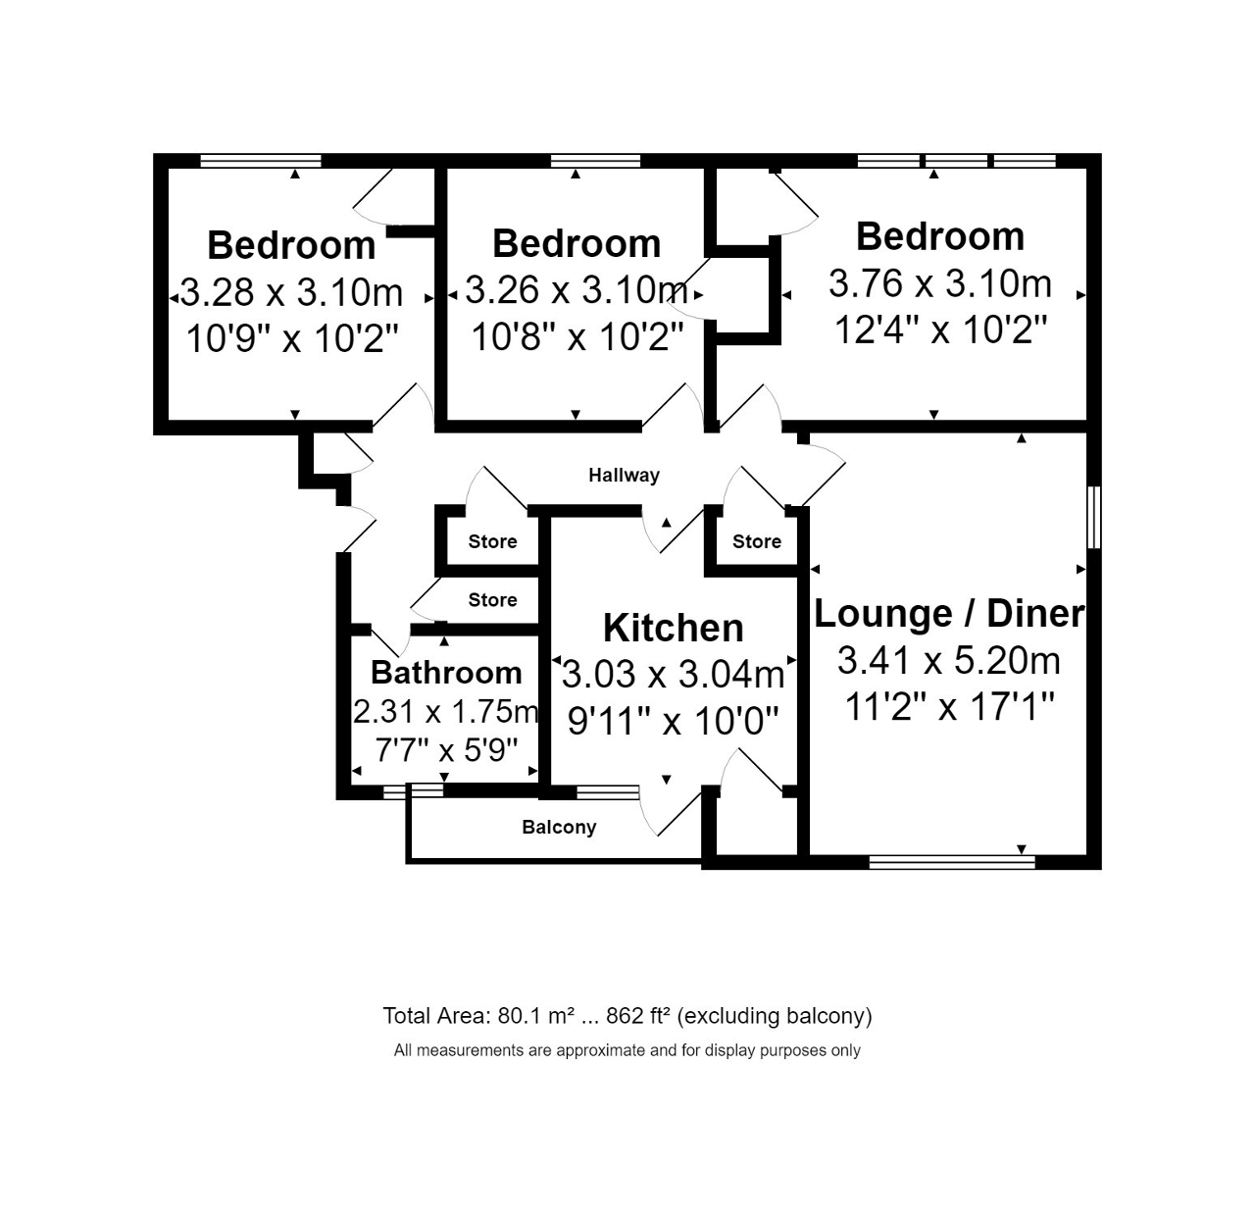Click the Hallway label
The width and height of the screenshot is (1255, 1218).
click(624, 476)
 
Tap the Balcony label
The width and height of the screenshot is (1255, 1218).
click(559, 827)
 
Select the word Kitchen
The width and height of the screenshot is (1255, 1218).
click(674, 628)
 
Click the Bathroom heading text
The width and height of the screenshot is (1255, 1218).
click(446, 673)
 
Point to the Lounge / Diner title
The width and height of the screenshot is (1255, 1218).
click(949, 613)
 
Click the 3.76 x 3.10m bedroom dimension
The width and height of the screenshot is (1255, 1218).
click(939, 283)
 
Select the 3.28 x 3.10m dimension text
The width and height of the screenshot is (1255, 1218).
click(291, 291)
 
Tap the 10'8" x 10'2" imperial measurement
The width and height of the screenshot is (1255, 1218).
click(577, 336)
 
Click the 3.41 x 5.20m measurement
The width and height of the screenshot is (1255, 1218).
click(949, 660)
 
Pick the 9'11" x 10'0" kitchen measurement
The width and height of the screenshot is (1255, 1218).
click(674, 720)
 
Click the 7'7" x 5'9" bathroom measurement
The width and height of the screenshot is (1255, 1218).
click(446, 750)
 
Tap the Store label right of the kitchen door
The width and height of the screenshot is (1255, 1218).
click(757, 541)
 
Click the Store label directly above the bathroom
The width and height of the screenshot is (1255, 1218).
click(492, 600)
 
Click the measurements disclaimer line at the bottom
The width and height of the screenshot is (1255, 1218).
click(627, 1051)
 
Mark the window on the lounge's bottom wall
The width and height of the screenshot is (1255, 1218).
click(952, 863)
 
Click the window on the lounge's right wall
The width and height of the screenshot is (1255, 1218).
click(1094, 518)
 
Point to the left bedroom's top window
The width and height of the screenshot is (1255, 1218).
click(261, 161)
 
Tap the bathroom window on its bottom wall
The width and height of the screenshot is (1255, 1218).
click(413, 791)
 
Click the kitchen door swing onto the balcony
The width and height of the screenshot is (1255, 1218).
click(671, 811)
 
